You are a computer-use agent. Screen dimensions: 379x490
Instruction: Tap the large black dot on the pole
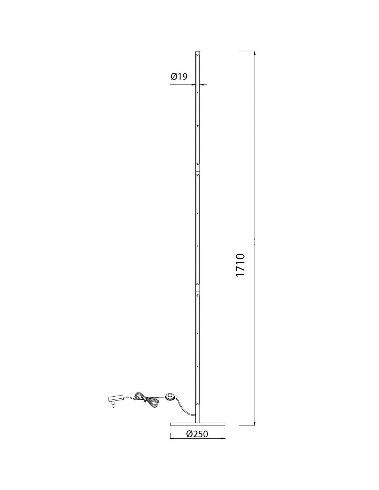197,126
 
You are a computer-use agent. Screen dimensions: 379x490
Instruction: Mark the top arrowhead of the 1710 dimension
255,53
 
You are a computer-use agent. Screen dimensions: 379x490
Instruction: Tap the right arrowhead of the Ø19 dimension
202,84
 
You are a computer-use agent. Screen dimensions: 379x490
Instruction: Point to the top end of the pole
197,51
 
